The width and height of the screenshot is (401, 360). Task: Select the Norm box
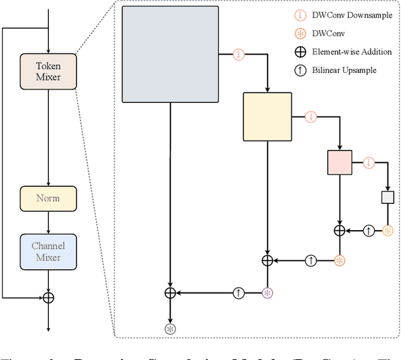coord(48,198)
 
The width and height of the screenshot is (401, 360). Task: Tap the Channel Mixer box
coord(48,251)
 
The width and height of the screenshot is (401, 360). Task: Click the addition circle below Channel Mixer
coord(48,297)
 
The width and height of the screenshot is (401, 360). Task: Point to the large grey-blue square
coord(170,54)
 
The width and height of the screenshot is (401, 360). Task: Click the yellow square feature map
coord(267,116)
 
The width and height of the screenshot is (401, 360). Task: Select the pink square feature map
coord(340,162)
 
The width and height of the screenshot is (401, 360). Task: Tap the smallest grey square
coord(388,197)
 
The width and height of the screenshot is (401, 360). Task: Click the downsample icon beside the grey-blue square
coord(238,54)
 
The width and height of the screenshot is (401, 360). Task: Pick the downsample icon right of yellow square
coord(311,117)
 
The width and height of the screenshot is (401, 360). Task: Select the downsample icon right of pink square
coord(368,162)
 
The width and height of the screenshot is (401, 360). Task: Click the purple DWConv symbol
coord(268,292)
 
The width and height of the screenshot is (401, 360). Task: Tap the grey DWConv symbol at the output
coord(170,329)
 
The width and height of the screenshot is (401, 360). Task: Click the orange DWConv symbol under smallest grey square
coord(388,231)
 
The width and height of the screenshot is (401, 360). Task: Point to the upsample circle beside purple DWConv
coord(238,292)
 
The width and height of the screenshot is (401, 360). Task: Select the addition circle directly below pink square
coord(340,231)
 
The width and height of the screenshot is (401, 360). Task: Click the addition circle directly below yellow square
coord(268,260)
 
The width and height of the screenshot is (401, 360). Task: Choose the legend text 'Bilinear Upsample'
coord(344,70)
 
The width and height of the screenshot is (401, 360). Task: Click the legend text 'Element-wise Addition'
coord(352,52)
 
